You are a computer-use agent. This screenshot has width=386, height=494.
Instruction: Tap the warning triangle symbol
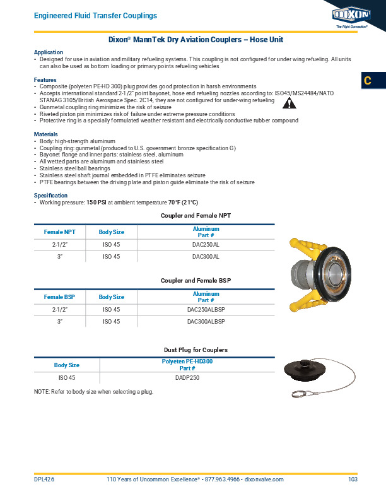(288, 103)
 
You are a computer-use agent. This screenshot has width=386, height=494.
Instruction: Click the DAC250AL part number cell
(206, 244)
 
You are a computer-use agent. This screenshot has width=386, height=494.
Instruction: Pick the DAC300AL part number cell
(206, 257)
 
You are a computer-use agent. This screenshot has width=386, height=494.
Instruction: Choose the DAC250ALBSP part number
(206, 310)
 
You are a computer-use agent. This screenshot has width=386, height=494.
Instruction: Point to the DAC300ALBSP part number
(206, 322)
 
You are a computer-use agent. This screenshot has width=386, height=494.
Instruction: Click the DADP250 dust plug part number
(187, 377)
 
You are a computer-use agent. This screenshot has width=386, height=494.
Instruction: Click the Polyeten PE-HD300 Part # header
(187, 365)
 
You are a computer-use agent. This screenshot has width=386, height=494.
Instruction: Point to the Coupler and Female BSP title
(196, 280)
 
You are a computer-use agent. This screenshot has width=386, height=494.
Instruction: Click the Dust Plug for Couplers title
(196, 350)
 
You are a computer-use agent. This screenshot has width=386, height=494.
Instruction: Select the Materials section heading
(46, 134)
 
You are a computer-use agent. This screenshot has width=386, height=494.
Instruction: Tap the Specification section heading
(50, 196)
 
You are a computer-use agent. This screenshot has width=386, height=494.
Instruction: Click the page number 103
(352, 480)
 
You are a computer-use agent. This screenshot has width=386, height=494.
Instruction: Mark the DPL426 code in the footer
(44, 480)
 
